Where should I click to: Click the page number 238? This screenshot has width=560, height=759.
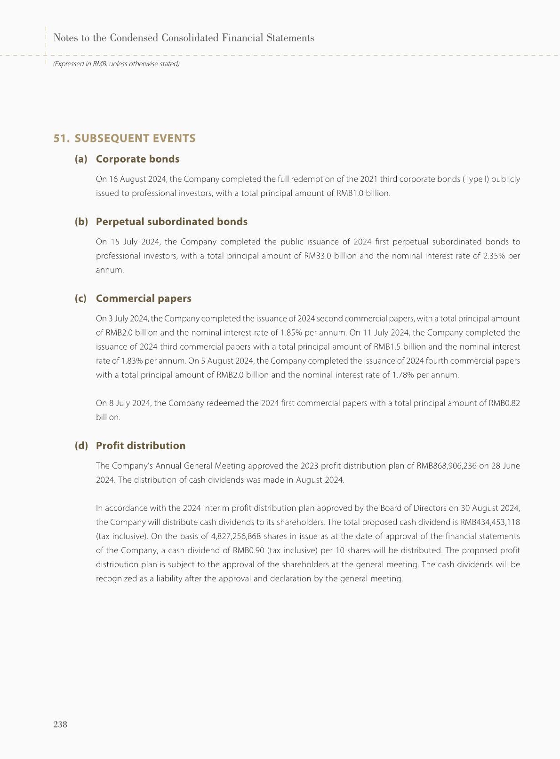pyautogui.click(x=60, y=724)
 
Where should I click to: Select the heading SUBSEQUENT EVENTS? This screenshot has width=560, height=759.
pyautogui.click(x=135, y=138)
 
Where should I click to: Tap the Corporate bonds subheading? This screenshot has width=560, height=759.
pyautogui.click(x=137, y=159)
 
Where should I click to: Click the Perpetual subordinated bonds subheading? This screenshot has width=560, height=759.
pyautogui.click(x=171, y=221)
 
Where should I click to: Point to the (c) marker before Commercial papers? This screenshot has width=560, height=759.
pyautogui.click(x=80, y=298)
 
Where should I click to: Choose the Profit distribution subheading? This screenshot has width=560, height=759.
pyautogui.click(x=140, y=446)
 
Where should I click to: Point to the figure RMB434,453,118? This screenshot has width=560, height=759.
pyautogui.click(x=490, y=522)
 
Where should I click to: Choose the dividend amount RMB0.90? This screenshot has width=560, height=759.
pyautogui.click(x=248, y=550)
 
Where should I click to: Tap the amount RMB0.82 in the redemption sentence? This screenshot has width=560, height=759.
pyautogui.click(x=504, y=403)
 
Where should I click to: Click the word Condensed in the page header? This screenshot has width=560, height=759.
pyautogui.click(x=133, y=38)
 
